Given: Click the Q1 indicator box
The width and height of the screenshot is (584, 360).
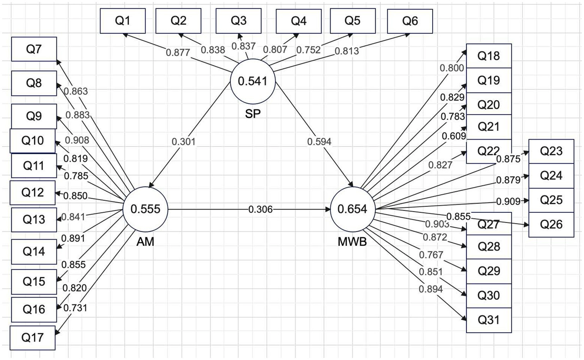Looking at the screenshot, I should pos(123,21).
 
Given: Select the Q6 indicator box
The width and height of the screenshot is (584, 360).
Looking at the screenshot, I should pos(410,21).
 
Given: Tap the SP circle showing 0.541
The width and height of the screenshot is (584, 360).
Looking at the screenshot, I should pos(253,81).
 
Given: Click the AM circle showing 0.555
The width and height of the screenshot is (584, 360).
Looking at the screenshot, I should pos(145,209).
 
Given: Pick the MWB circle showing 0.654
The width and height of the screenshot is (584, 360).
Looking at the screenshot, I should pos(352,209).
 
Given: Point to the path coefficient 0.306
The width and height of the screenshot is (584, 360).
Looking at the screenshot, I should pos(261,209).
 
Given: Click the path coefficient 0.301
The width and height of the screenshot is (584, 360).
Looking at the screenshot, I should pos(183,142).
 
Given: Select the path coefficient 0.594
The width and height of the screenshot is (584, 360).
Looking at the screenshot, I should pos(319,142).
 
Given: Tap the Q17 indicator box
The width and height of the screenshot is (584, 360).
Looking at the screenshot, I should pos(32,338).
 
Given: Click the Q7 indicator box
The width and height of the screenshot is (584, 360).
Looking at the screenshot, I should pos(34,49).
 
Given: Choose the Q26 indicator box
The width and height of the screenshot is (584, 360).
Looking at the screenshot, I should pos(551,225).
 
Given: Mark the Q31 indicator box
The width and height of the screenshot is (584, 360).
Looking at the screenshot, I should pos(489,320).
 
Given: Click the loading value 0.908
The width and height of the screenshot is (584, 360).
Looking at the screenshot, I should pos(77,140).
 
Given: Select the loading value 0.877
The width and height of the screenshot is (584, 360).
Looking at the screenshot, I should pos(178,53).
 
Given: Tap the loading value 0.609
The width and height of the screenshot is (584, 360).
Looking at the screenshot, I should pos(454,136).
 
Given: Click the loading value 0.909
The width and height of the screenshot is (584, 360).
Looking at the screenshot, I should pos(508,201).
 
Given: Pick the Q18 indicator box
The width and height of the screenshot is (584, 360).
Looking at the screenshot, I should pos(489,56).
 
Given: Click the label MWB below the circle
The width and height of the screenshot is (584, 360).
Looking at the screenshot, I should pos(352,242).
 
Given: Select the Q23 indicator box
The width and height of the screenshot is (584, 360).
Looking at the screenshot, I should pos(551,151).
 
